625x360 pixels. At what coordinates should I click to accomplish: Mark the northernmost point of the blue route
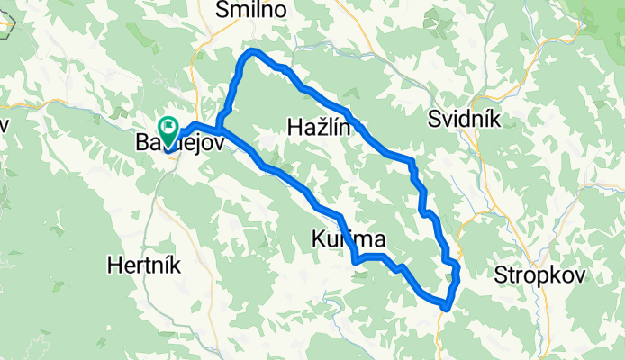click(252, 52)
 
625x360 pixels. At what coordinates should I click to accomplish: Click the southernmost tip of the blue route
click(445, 308)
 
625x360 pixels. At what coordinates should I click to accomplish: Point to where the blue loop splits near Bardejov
click(222, 130)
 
